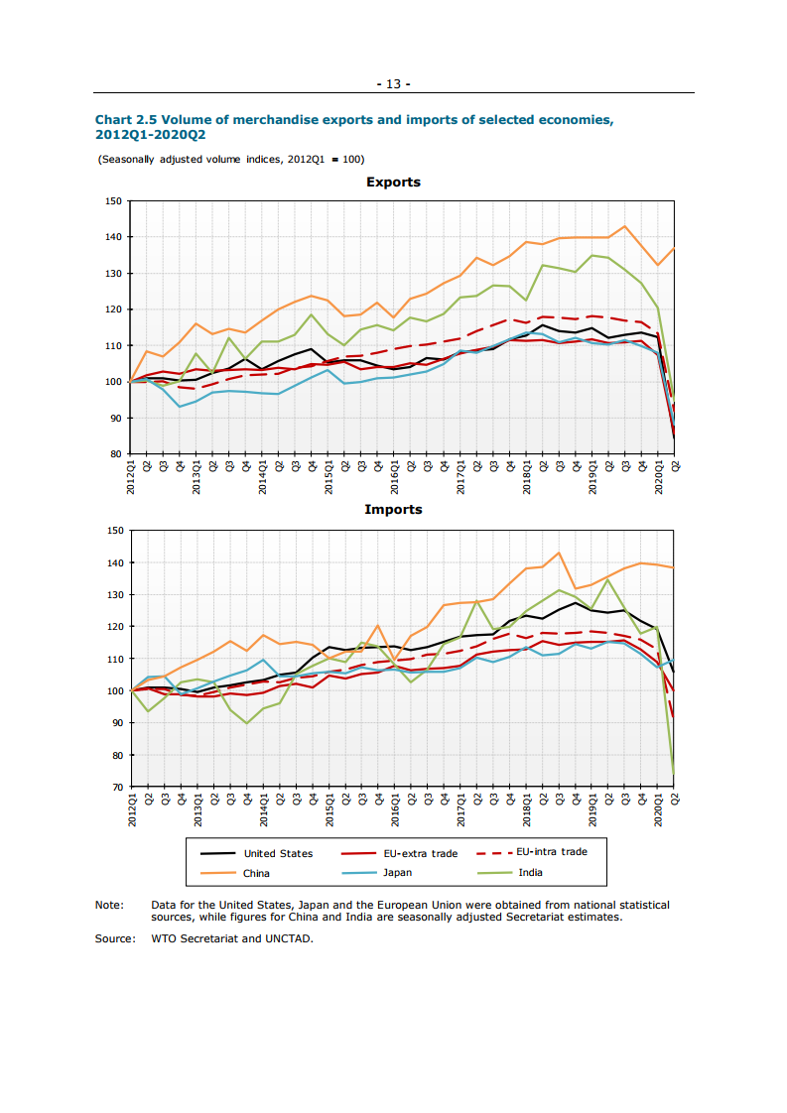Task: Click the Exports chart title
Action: click(393, 183)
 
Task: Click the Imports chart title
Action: click(393, 510)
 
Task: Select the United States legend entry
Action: click(278, 853)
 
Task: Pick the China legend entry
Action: click(256, 874)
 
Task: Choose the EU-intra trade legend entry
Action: click(552, 852)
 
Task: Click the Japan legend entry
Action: click(397, 873)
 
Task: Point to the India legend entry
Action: click(530, 873)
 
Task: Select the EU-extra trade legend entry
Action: click(420, 853)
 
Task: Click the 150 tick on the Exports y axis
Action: click(112, 201)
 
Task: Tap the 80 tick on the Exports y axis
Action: click(115, 454)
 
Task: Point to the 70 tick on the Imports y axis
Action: click(115, 787)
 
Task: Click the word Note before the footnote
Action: click(108, 905)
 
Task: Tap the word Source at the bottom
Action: click(113, 938)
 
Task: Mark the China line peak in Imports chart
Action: click(559, 553)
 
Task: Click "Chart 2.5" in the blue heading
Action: click(125, 120)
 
